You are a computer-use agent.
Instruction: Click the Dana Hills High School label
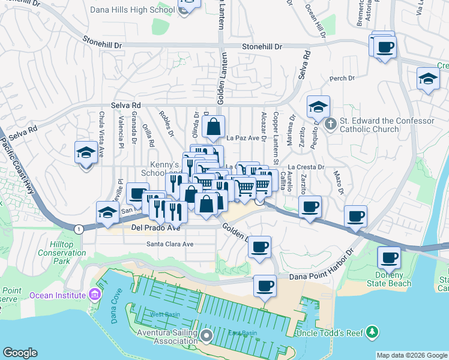pos(131,10)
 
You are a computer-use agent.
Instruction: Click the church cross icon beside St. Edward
pos(330,125)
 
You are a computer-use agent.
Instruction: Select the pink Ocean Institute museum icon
pos(94,295)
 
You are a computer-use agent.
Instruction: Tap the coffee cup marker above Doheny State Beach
pos(388,257)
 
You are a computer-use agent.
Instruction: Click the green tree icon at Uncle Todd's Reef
pos(373,332)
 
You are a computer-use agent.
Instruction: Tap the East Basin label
pos(243,333)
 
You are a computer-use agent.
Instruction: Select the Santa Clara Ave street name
pos(170,244)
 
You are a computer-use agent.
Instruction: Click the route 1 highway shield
pos(79,229)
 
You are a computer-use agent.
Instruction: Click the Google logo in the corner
pos(20,352)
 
